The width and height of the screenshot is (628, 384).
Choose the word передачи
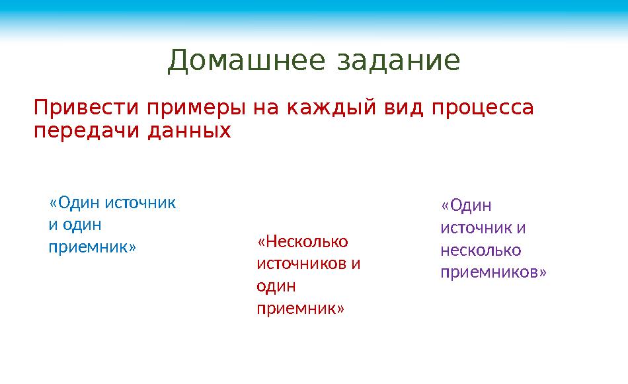(x=82, y=131)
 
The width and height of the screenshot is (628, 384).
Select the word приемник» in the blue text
(x=92, y=247)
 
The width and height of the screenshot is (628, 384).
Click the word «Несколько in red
(x=303, y=242)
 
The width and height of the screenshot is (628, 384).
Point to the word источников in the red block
(x=301, y=264)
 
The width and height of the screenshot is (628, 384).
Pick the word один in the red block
(x=276, y=286)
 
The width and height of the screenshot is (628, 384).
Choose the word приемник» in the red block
(x=300, y=308)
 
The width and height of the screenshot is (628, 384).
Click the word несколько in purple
(x=481, y=250)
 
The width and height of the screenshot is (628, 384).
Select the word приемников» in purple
(x=493, y=272)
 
